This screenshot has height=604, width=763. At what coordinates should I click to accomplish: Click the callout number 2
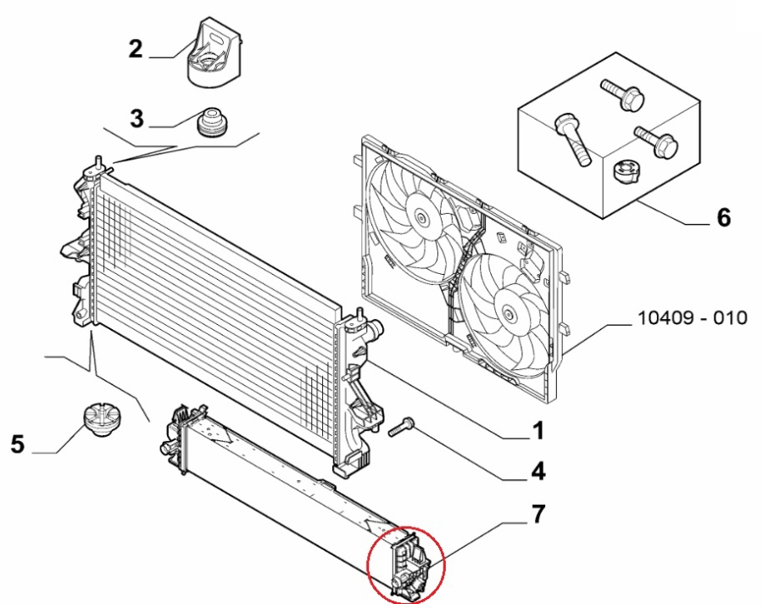[x=136, y=49]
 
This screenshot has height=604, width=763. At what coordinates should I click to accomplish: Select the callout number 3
[x=136, y=117]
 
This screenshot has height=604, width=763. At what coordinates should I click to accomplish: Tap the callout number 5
[x=18, y=443]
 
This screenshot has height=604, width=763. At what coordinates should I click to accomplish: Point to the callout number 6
[x=723, y=218]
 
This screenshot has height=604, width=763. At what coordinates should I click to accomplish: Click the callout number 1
[x=537, y=432]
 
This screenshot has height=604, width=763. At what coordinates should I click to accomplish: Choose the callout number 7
[x=538, y=514]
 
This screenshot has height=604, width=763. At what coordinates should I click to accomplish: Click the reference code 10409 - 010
[x=691, y=318]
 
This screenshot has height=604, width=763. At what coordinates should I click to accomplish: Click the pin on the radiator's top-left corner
[x=98, y=160]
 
